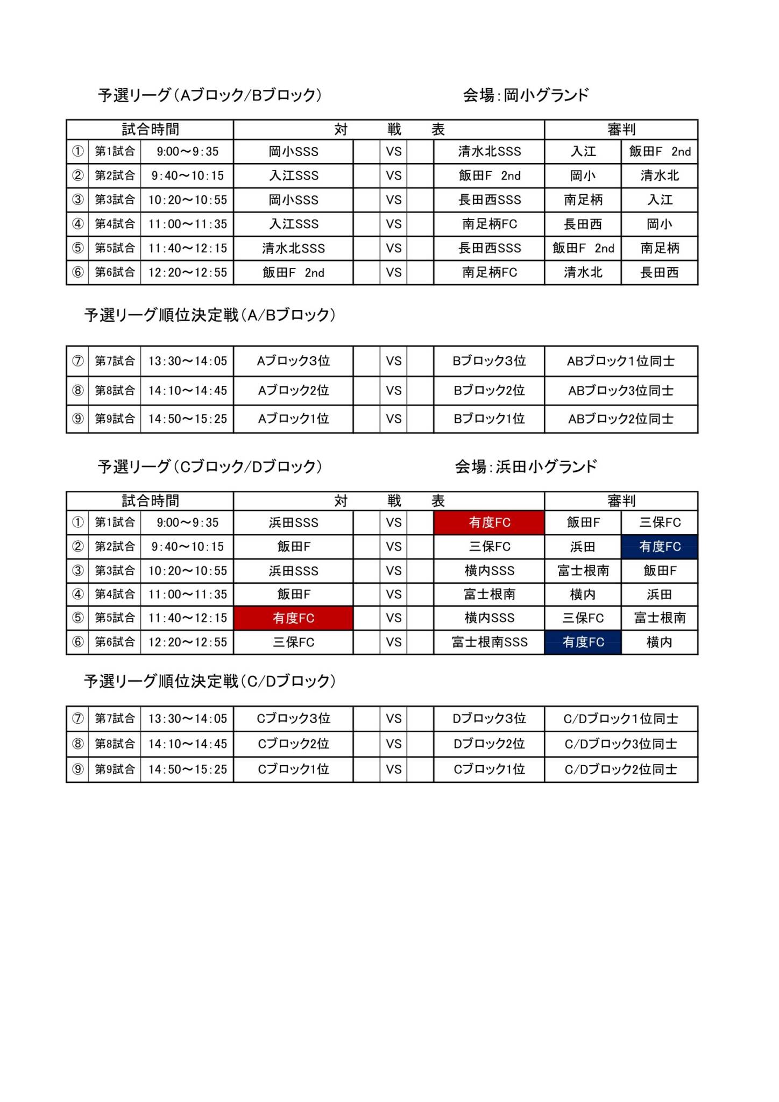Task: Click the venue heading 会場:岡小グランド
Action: (526, 95)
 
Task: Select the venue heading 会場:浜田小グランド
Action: (526, 467)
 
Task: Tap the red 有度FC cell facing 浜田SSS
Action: (489, 522)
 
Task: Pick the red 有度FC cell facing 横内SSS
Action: (293, 618)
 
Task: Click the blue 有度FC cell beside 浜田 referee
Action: (660, 547)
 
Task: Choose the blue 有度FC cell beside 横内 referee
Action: (583, 642)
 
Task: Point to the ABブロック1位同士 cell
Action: (621, 361)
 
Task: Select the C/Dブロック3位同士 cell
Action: (621, 744)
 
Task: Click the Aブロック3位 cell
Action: (293, 361)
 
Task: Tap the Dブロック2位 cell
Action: (489, 744)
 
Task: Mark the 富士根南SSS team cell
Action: (489, 642)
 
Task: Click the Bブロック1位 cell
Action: (489, 419)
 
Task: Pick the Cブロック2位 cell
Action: (293, 744)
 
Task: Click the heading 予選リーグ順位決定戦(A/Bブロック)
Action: (210, 315)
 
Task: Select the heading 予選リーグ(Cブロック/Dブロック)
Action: (210, 467)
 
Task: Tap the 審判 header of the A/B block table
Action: (621, 129)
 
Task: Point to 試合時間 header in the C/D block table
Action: (150, 501)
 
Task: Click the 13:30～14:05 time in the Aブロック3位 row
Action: (188, 361)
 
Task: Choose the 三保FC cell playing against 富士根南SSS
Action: (293, 642)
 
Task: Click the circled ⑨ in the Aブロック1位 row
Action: (77, 419)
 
